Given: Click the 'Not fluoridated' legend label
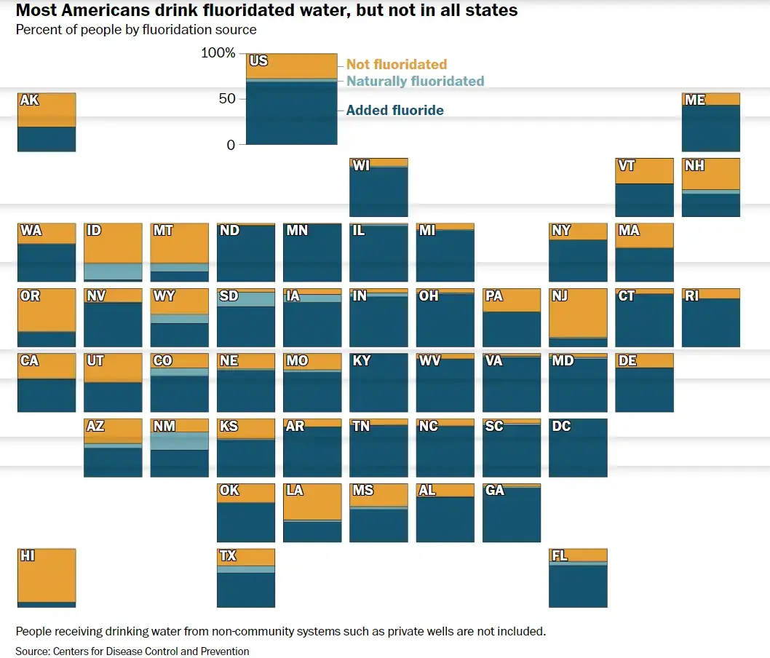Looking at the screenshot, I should click(397, 64).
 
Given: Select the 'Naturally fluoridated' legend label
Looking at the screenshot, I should click(415, 81).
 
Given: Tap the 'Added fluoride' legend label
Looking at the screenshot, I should click(394, 110).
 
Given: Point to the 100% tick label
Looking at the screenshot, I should click(218, 53).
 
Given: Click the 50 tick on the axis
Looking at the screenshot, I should click(228, 99).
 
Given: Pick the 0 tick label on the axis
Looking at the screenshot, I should click(231, 145).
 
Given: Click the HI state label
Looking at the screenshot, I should click(28, 556).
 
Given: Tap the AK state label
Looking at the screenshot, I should click(30, 100).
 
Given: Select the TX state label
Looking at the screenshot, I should click(228, 556).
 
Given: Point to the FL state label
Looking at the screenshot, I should click(560, 556).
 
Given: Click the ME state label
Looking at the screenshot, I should click(695, 100).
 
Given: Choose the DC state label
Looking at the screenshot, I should click(561, 426).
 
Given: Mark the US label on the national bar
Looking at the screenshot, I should click(258, 60).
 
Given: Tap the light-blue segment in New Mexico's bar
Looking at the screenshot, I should click(179, 441).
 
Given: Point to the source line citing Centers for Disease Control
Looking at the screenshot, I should click(132, 651).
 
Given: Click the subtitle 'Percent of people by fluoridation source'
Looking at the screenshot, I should click(136, 30).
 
